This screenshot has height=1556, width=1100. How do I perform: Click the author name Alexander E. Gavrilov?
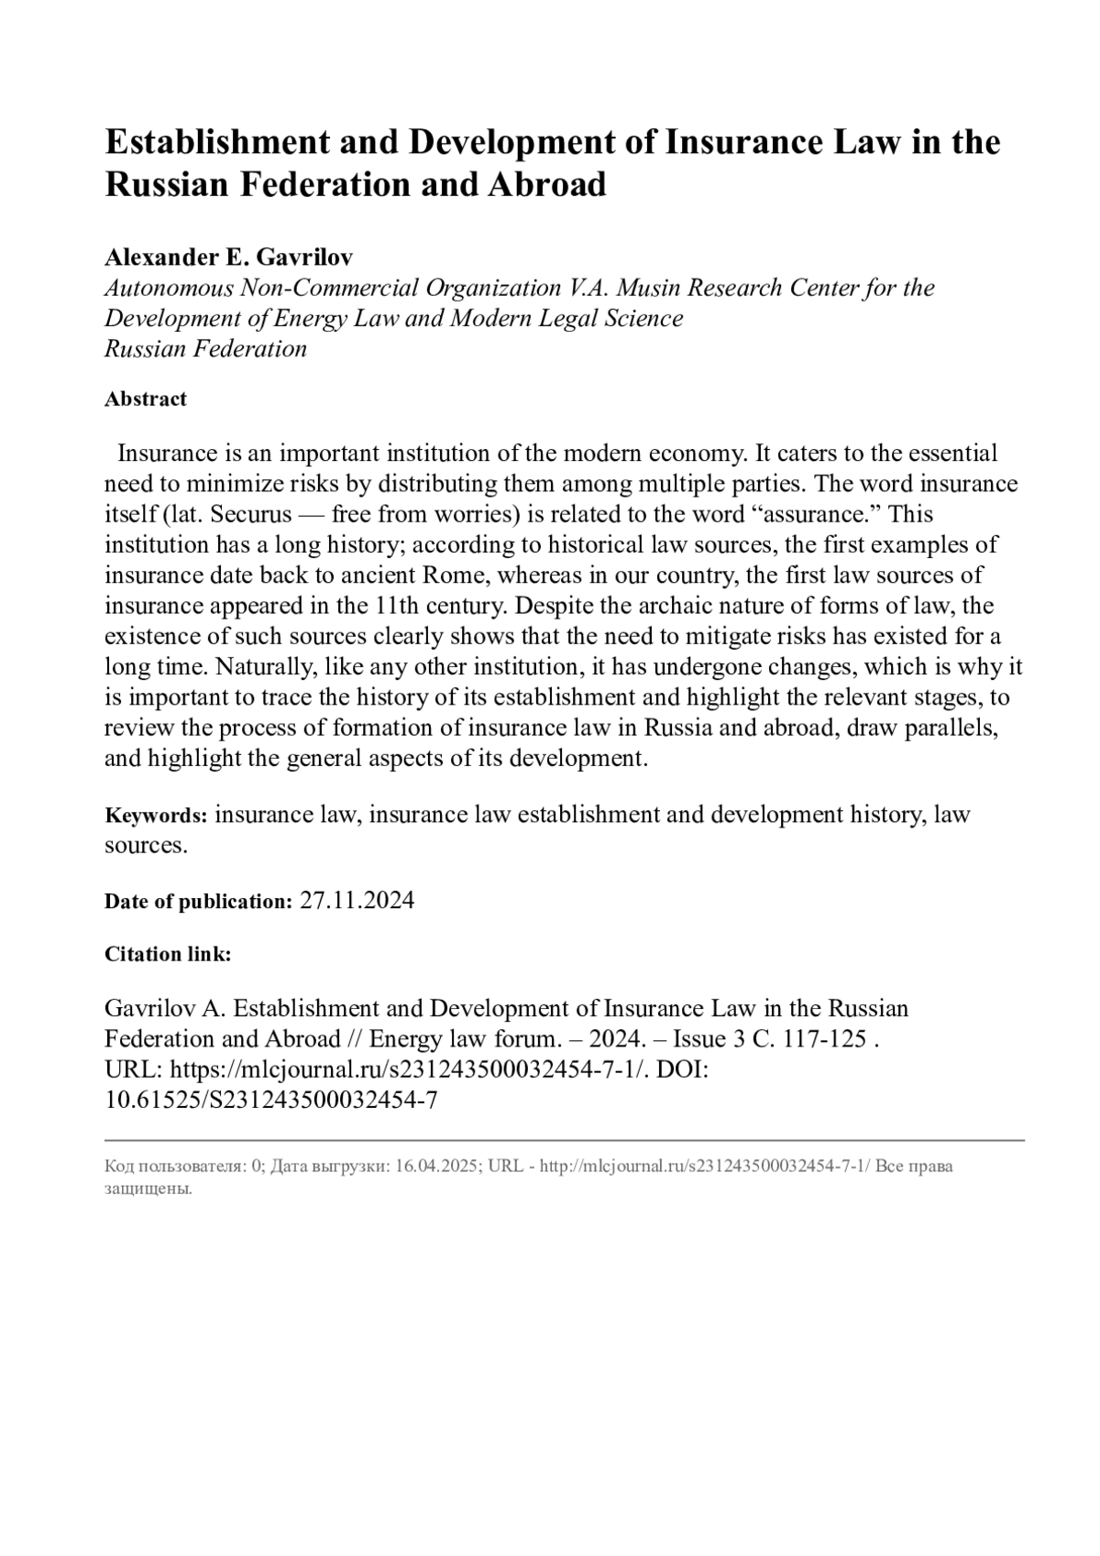(x=228, y=258)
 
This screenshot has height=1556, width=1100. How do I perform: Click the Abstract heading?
(x=146, y=399)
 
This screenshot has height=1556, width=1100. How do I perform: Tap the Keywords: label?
(x=156, y=816)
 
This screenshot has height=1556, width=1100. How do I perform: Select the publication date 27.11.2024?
(x=357, y=901)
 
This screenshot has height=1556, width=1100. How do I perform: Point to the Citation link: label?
(x=168, y=954)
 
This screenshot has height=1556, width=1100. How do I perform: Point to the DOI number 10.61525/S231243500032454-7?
(x=270, y=1100)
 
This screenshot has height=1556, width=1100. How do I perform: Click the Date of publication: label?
(x=198, y=902)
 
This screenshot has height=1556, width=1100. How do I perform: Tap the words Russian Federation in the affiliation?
(x=205, y=349)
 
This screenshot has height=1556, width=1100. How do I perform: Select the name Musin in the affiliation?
(x=649, y=288)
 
